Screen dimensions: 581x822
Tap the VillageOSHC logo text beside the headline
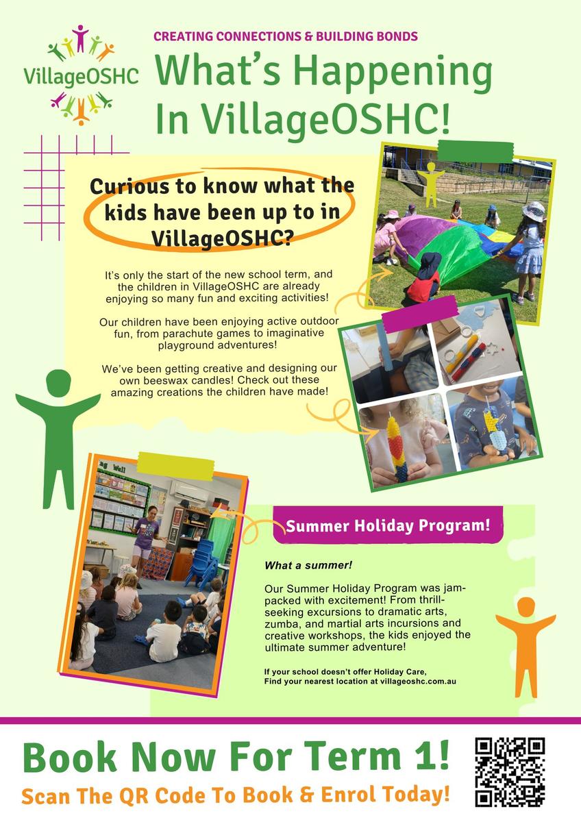click(81, 76)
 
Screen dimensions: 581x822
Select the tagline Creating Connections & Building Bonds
click(286, 36)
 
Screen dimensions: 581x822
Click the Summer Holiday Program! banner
click(388, 525)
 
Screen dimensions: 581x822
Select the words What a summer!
click(308, 565)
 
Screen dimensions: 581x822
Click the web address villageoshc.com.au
click(418, 682)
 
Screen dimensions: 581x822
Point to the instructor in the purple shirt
click(146, 540)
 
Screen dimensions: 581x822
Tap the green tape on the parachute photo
click(475, 151)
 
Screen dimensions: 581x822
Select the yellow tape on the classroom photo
click(175, 466)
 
